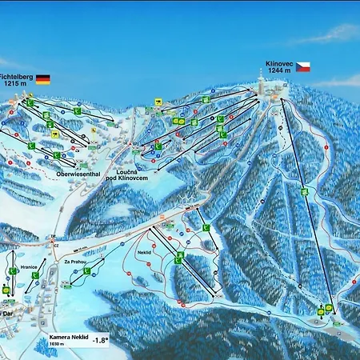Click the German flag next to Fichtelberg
pos(42,79)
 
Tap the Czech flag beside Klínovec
pos(303,66)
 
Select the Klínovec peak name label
pos(279,62)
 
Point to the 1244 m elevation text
pos(279,70)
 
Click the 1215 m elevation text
pos(15,83)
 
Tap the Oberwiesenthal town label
pos(77,173)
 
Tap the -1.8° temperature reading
pos(100,339)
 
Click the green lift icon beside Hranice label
pos(36,275)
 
